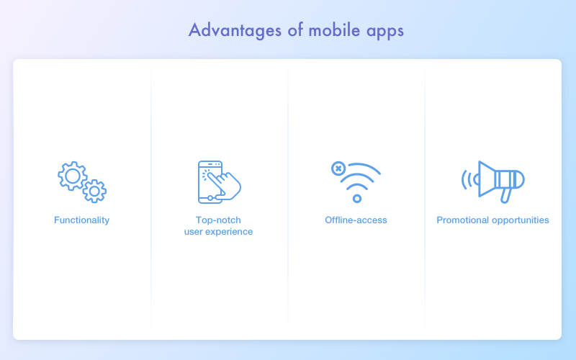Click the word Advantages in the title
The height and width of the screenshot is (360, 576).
pos(235,30)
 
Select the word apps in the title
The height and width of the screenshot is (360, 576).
pos(385,32)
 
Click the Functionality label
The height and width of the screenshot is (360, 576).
pos(81,220)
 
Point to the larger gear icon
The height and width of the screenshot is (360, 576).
pos(73,176)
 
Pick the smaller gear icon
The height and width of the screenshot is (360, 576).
pos(94,191)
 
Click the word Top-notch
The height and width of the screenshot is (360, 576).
pos(218,220)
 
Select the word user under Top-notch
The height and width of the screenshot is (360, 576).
pos(193,232)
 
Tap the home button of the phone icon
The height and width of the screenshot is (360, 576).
pos(210,199)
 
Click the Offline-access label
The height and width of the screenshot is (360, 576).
pos(356,220)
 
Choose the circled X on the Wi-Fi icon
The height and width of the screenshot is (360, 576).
pos(338,168)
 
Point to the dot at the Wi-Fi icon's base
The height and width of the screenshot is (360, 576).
pos(356,199)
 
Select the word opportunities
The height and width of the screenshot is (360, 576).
pos(521,220)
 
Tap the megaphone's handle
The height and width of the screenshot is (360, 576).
pos(507,195)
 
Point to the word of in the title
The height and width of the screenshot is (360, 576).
pos(295,30)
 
